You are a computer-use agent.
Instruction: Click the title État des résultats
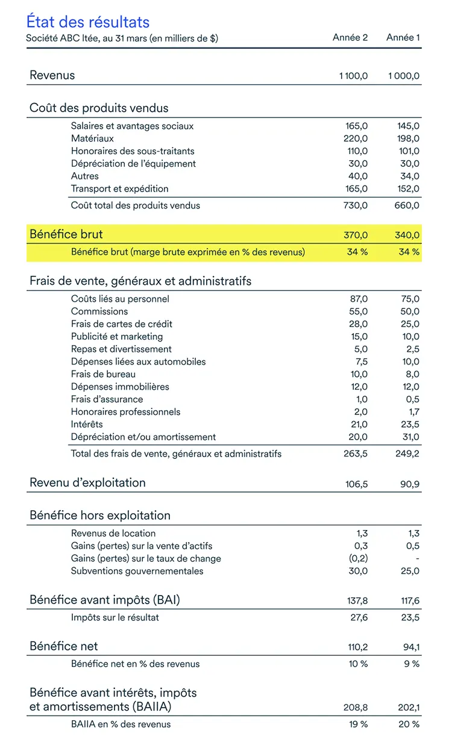pyautogui.click(x=87, y=22)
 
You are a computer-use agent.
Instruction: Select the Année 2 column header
pyautogui.click(x=350, y=37)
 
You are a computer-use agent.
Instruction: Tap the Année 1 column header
pyautogui.click(x=403, y=37)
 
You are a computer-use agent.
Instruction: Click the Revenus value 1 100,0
pyautogui.click(x=353, y=76)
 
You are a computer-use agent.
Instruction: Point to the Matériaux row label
pyautogui.click(x=92, y=139)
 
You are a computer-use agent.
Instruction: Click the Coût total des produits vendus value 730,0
pyautogui.click(x=356, y=205)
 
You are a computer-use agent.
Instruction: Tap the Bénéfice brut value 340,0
pyautogui.click(x=407, y=235)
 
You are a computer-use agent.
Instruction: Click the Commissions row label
pyautogui.click(x=99, y=311)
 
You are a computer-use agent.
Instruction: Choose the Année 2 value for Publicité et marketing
pyautogui.click(x=358, y=337)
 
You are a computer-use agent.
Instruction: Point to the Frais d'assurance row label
pyautogui.click(x=107, y=399)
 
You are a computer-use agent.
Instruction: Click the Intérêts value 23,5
pyautogui.click(x=410, y=425)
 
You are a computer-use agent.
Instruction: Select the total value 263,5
pyautogui.click(x=356, y=454)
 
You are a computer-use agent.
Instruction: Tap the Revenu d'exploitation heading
pyautogui.click(x=87, y=482)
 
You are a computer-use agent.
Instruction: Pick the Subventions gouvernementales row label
pyautogui.click(x=137, y=571)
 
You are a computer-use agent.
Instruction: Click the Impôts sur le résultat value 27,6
pyautogui.click(x=357, y=617)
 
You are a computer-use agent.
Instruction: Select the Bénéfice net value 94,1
pyautogui.click(x=410, y=647)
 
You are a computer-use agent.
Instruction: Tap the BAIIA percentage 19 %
pyautogui.click(x=358, y=725)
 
